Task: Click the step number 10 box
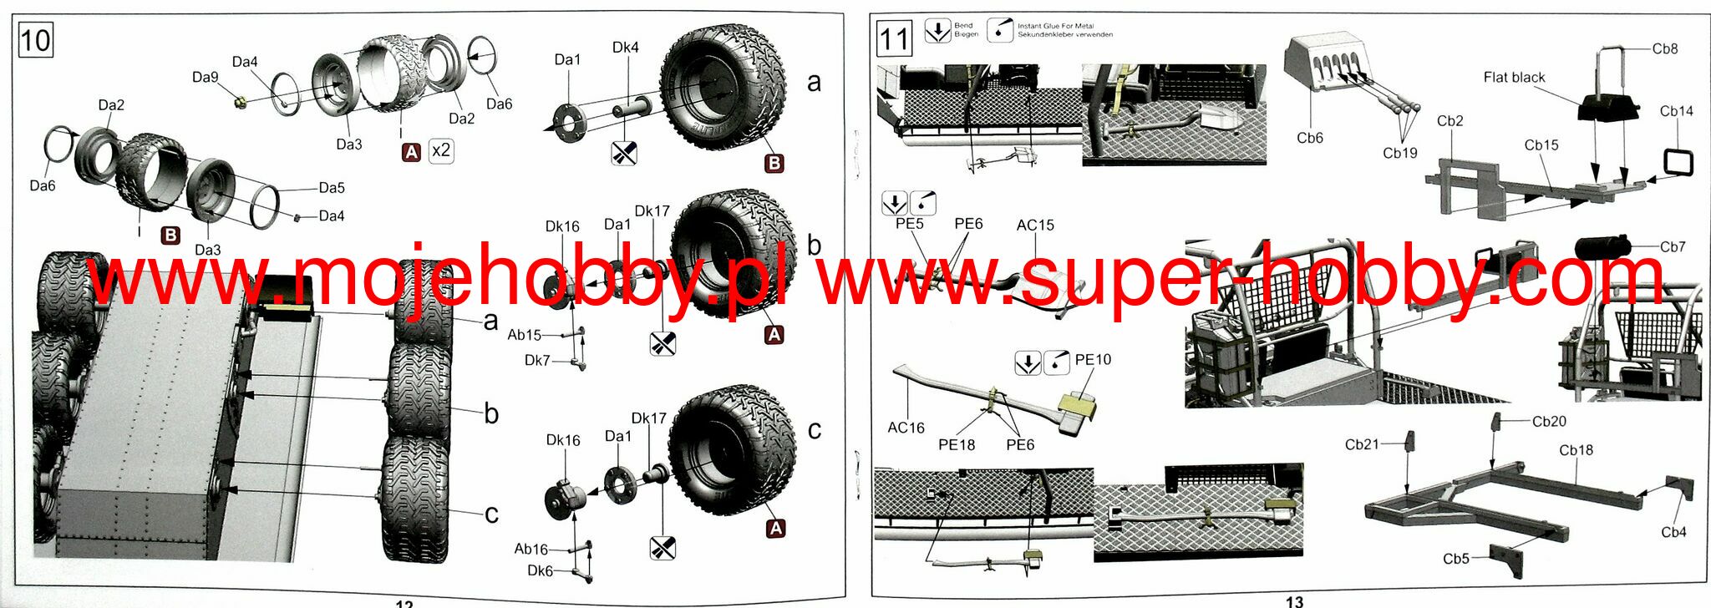(35, 39)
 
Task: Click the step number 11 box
(893, 38)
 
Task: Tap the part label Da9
(205, 77)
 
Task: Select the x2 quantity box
(440, 150)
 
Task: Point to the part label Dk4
(625, 48)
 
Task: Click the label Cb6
(1309, 138)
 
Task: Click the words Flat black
(1514, 78)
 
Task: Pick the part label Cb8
(1664, 48)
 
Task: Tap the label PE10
(1093, 359)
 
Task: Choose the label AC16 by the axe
(906, 428)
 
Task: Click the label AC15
(1035, 225)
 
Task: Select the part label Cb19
(1399, 153)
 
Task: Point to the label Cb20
(1549, 421)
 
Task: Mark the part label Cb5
(1455, 559)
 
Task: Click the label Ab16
(531, 549)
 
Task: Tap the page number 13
(1294, 601)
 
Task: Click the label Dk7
(537, 360)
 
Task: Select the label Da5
(331, 188)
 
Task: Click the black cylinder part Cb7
(1602, 247)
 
